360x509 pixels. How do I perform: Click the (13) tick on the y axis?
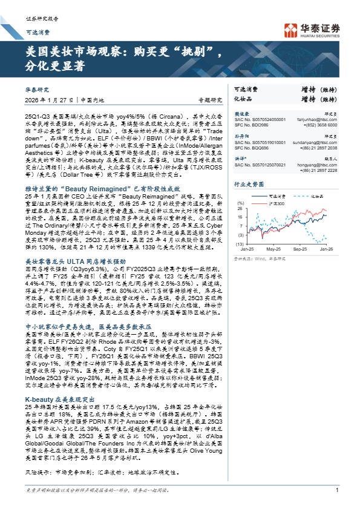point(239,243)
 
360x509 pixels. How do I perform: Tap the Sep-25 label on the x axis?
point(300,248)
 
